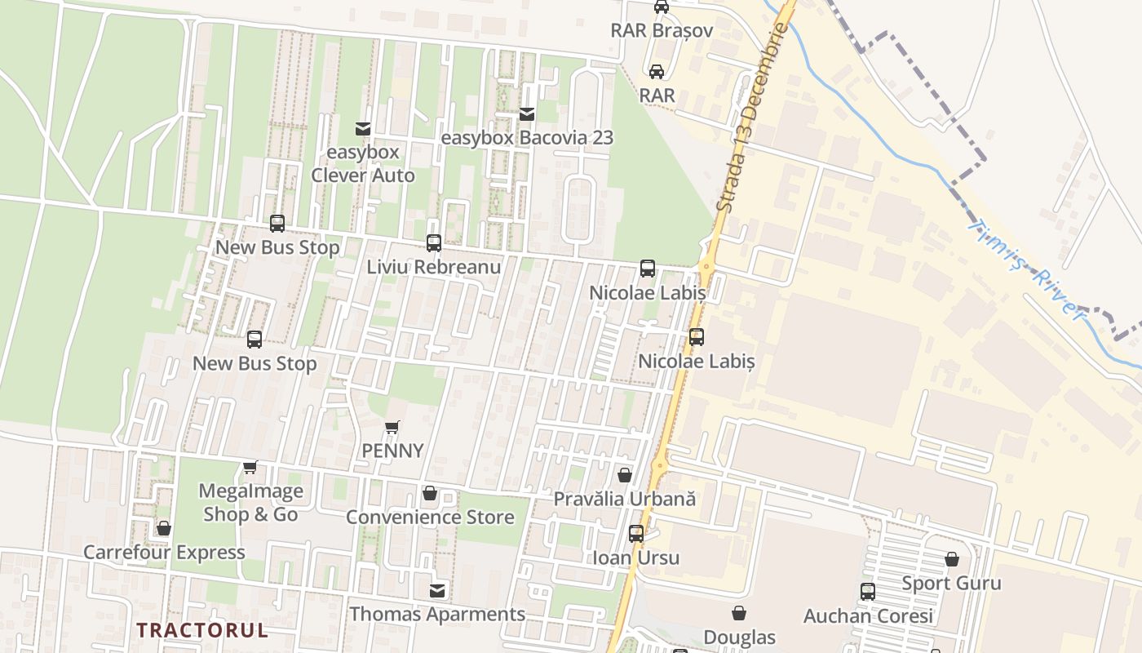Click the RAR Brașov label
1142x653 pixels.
tap(662, 31)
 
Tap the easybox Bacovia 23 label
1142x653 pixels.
tap(527, 138)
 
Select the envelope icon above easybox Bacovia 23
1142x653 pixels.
tap(527, 114)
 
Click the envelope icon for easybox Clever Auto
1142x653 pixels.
tap(363, 129)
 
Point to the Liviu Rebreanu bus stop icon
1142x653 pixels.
tap(434, 243)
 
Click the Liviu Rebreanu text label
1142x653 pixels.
tap(433, 267)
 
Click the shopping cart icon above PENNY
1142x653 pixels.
tap(392, 427)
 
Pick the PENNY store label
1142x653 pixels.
tap(392, 451)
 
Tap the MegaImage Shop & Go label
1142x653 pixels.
tap(250, 503)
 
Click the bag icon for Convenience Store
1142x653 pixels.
tap(430, 494)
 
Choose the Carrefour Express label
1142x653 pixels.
tap(164, 553)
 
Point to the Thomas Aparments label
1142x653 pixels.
tap(437, 614)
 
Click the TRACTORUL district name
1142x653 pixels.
tap(202, 630)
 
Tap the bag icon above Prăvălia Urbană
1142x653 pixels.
tap(625, 475)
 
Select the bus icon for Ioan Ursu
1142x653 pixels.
tap(636, 534)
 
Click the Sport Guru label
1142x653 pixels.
tap(951, 584)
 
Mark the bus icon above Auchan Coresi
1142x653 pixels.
tap(868, 592)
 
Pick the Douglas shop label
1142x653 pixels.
tap(739, 637)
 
